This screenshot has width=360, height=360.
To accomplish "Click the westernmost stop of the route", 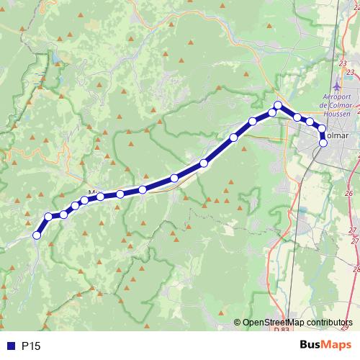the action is coord(37,234).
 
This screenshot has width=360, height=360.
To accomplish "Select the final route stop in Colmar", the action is coord(323,143).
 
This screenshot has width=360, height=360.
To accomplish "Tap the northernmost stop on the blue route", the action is coord(278,106).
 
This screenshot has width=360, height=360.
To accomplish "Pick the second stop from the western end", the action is coord(49,217).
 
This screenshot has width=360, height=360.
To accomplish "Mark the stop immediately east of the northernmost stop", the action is coord(297,117).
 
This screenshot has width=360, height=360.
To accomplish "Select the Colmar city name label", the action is coord(338,135).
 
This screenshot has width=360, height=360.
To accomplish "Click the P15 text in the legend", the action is coord(30,346).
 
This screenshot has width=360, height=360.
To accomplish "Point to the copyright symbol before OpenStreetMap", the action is coord(238,323).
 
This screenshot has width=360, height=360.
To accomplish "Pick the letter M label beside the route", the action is coord(91,192).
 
